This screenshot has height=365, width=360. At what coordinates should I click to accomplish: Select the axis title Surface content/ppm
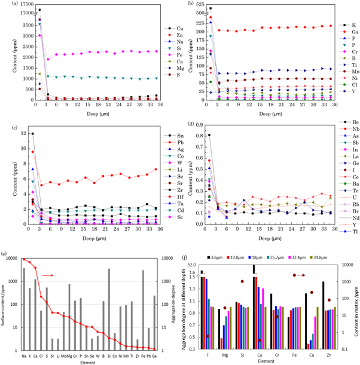[x=5, y=305]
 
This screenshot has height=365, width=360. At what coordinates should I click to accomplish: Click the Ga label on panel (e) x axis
[x=154, y=354]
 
